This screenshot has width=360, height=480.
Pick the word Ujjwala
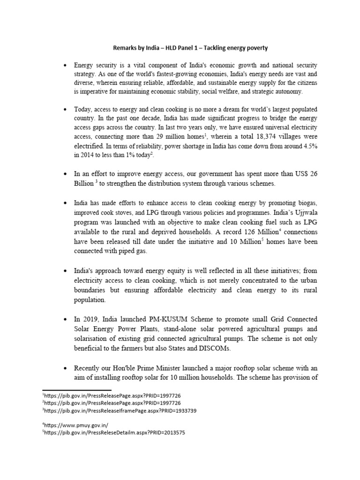pyautogui.click(x=306, y=214)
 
